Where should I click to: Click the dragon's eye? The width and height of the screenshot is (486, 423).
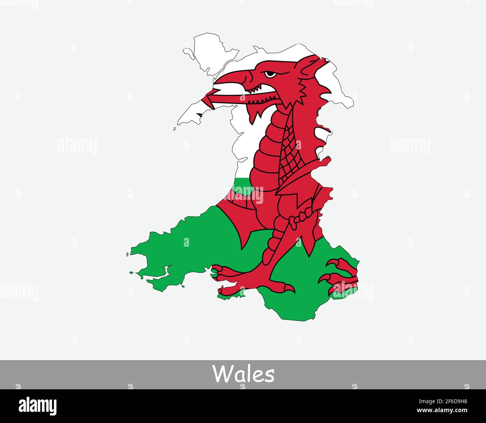pos(270,74)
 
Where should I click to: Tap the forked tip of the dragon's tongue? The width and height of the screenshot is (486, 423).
pos(205,100)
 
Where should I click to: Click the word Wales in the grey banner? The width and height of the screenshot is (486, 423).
pos(243,374)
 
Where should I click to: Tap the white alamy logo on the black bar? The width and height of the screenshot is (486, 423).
pos(38,406)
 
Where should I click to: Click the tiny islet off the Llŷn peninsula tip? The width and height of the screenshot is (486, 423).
pos(175,129)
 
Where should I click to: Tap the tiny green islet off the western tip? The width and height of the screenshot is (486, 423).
pos(127,254)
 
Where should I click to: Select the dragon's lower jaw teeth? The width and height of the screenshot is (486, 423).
pos(262,101)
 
